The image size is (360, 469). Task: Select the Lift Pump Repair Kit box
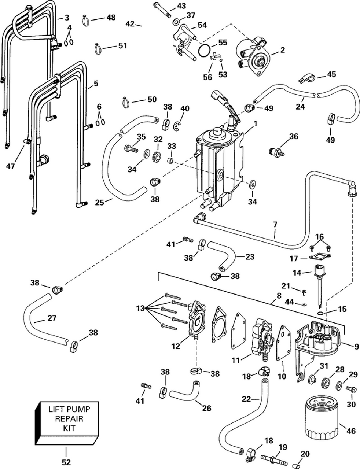[x=68, y=420]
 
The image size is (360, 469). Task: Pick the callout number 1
[x=256, y=124]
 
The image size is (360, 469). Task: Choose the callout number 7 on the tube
[x=275, y=224]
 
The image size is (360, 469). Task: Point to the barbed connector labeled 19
[x=272, y=458]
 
